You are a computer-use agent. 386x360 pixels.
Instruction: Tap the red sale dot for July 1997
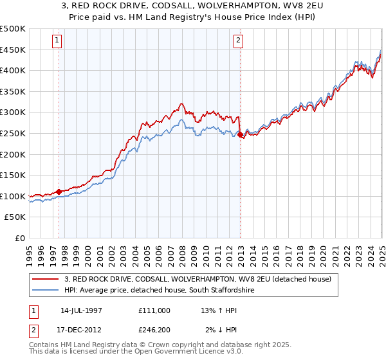(59, 192)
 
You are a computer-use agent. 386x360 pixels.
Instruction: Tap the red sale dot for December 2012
(241, 135)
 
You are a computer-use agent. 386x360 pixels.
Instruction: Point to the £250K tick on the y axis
(14, 133)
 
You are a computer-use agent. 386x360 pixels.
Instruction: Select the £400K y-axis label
(14, 70)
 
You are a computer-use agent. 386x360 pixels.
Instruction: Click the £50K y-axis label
(16, 217)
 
